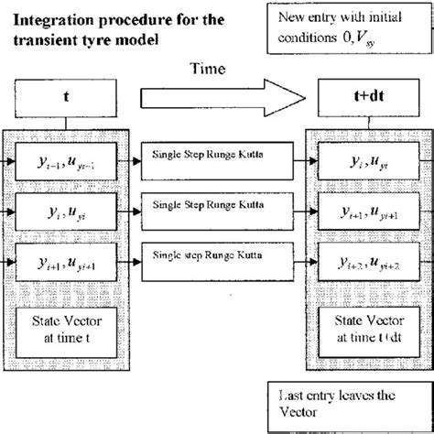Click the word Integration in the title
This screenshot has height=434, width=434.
coord(59,20)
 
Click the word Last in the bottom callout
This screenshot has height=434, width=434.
coord(291,397)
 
